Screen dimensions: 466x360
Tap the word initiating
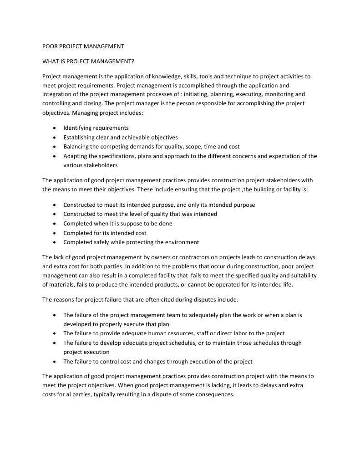(196, 94)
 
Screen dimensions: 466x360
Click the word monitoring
(279, 94)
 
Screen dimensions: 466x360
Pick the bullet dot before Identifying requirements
(55, 128)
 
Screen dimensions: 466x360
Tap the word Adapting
(76, 156)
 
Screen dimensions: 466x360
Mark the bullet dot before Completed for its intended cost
(55, 233)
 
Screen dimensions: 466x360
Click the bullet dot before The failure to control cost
(55, 362)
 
